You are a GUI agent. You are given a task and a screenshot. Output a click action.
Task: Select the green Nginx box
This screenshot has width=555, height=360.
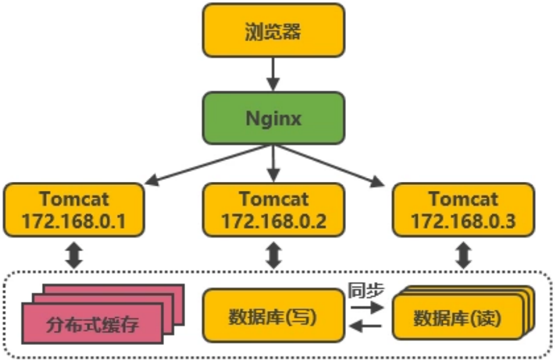[x=272, y=119]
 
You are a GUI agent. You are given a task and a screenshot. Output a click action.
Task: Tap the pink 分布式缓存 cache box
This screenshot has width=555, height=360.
[x=92, y=323]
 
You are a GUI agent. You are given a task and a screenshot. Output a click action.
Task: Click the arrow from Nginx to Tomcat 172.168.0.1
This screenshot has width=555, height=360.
[x=206, y=164]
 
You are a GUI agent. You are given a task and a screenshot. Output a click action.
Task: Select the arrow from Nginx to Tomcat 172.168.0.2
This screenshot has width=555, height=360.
[x=272, y=164]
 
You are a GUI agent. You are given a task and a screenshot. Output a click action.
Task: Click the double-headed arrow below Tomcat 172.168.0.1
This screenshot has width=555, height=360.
[x=74, y=255]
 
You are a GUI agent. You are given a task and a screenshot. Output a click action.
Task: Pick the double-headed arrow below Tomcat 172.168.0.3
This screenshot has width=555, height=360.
[x=463, y=255]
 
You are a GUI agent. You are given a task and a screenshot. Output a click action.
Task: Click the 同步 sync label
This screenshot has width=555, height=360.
[x=366, y=290]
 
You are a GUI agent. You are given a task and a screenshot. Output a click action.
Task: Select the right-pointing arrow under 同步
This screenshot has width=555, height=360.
[x=365, y=307]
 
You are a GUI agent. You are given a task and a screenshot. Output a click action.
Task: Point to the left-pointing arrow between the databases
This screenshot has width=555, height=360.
[x=365, y=325]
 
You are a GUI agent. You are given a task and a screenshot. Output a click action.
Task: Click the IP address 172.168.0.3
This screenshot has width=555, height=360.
[x=463, y=220]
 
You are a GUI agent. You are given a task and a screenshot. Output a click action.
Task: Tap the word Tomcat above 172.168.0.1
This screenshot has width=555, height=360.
[x=73, y=198]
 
